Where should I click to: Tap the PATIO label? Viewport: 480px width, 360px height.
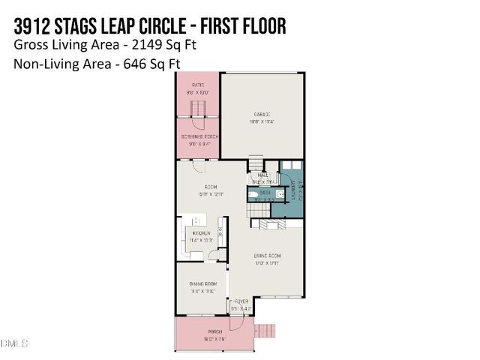point(198,85)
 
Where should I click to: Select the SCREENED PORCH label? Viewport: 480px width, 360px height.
point(198,136)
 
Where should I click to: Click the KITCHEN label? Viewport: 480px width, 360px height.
point(201,234)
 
